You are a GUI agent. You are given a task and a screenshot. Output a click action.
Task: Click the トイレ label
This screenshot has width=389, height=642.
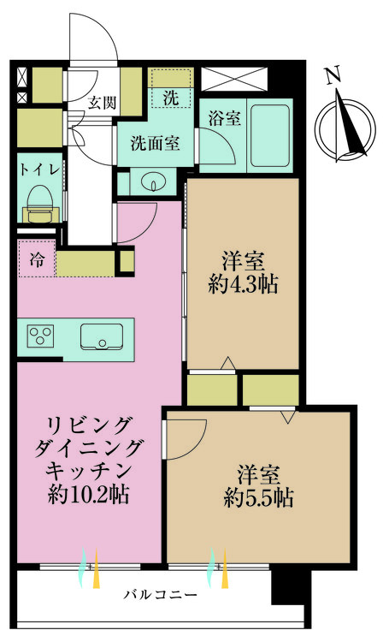pos(39,169)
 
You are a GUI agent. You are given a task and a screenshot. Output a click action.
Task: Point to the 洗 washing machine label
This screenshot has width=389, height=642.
pos(171,98)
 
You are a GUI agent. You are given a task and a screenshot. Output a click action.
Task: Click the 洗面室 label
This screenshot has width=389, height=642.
pos(155,143)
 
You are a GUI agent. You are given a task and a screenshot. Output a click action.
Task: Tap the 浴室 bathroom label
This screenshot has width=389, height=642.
pos(224,120)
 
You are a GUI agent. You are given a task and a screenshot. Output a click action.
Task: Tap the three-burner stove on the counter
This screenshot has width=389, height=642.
pos(40,336)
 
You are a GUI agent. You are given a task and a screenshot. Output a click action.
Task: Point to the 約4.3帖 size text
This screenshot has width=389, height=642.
pos(243,285)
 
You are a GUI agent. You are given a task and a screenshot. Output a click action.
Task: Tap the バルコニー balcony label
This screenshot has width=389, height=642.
pos(160,593)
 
